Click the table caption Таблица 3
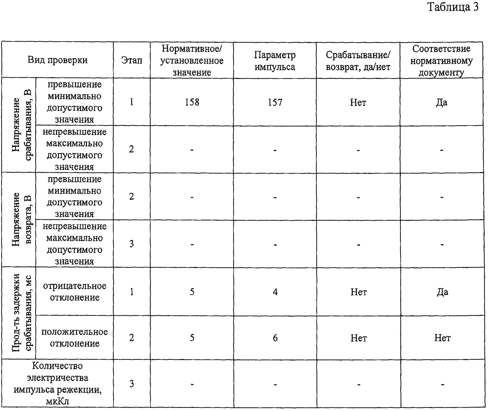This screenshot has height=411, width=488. (453, 7)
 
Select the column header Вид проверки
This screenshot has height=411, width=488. (58, 60)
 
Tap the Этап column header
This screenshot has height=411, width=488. (131, 60)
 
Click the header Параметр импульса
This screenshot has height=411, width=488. (275, 61)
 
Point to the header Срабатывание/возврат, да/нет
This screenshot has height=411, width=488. (358, 61)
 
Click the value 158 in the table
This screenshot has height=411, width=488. (192, 102)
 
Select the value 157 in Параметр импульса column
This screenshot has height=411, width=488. (275, 103)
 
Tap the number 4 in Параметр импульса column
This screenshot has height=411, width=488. (275, 292)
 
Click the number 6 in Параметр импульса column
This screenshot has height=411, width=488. (275, 338)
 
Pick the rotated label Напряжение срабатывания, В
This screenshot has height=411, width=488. (22, 125)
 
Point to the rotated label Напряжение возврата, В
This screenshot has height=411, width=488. (22, 220)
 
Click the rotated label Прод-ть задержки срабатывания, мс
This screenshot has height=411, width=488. (22, 313)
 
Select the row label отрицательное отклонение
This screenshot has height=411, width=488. (75, 292)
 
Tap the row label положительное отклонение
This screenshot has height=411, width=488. (75, 338)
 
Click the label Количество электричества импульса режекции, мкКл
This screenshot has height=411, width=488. (58, 384)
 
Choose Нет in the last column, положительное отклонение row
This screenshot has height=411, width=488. (442, 338)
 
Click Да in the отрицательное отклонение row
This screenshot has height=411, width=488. (442, 292)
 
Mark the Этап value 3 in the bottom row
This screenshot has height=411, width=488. (131, 384)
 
